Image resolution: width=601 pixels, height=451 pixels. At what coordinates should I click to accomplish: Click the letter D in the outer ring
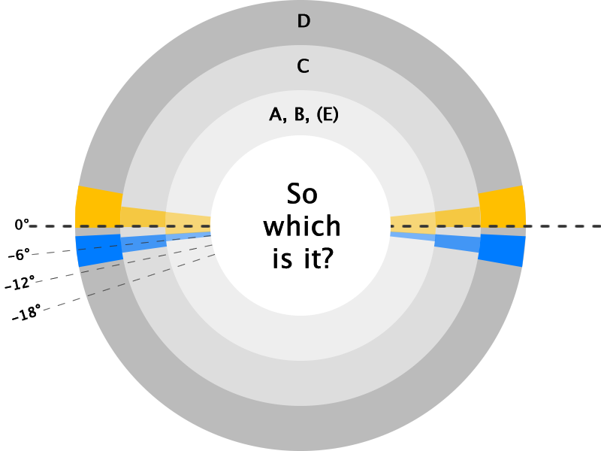click(x=304, y=21)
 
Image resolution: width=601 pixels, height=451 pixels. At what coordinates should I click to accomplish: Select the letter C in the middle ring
click(x=303, y=66)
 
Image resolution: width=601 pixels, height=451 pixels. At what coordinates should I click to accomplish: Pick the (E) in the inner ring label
click(x=328, y=115)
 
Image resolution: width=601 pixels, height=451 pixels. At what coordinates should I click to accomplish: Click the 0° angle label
click(x=22, y=224)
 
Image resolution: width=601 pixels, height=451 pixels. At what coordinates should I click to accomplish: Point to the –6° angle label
click(x=19, y=254)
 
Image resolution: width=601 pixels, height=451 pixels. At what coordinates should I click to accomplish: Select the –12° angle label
click(x=20, y=283)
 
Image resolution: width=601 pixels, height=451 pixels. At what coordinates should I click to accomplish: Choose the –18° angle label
click(x=26, y=313)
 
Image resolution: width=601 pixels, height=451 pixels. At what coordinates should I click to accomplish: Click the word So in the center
click(x=302, y=194)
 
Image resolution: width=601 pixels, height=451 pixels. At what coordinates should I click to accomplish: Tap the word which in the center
click(x=302, y=225)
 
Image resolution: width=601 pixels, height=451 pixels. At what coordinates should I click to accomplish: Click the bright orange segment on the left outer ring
click(x=98, y=207)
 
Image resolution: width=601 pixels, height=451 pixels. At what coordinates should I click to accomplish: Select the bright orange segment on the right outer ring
click(x=502, y=207)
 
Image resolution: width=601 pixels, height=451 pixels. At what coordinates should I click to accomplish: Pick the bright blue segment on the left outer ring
click(x=100, y=250)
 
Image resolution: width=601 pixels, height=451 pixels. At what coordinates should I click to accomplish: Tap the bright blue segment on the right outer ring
click(x=501, y=250)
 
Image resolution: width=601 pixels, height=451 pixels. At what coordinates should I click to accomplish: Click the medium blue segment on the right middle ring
click(x=457, y=243)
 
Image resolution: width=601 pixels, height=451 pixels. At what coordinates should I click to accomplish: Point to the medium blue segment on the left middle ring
click(x=143, y=244)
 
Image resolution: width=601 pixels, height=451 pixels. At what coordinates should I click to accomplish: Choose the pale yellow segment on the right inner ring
click(x=412, y=223)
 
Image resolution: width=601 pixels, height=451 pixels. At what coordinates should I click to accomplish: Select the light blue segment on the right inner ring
click(x=412, y=236)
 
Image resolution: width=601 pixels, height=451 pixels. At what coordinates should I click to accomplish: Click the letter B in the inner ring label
click(x=301, y=115)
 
